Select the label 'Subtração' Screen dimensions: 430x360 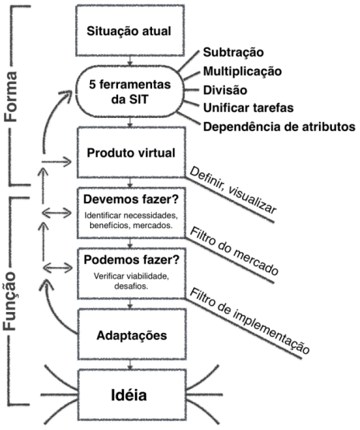tap(233, 53)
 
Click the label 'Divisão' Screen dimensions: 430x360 tap(226, 90)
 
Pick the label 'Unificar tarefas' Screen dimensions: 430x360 tap(248, 109)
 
